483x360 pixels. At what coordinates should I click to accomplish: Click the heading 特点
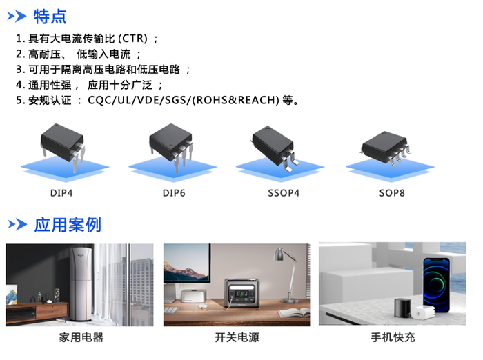[50, 16]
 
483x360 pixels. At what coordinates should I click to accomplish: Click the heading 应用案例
[67, 224]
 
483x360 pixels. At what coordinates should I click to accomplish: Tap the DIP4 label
[61, 193]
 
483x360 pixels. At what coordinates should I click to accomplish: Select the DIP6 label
[174, 193]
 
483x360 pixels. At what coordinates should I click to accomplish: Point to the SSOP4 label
[284, 193]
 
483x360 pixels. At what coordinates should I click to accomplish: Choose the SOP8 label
[392, 193]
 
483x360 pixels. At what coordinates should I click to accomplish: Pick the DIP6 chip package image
[170, 141]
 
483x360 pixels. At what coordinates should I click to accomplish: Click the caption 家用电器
[81, 337]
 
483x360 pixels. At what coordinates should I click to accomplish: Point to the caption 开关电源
[237, 337]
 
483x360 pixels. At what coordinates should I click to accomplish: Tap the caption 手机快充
[393, 337]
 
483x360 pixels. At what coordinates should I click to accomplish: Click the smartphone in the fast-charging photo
[435, 283]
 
